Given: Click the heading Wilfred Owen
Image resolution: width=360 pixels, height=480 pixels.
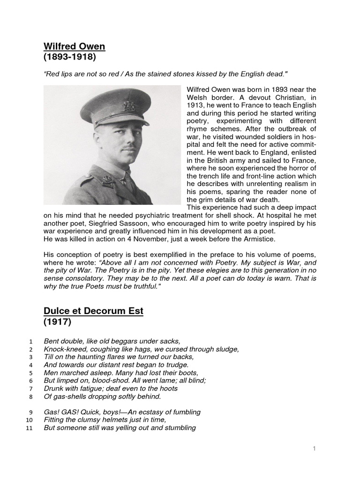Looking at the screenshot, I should (x=74, y=46).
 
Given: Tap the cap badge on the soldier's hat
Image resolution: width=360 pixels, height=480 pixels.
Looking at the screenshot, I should (x=130, y=106).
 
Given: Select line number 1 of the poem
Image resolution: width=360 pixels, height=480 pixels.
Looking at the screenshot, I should (x=30, y=341).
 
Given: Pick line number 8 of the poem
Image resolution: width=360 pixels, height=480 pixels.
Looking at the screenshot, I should (x=30, y=397).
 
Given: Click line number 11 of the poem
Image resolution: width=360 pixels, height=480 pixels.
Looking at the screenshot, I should (x=29, y=428).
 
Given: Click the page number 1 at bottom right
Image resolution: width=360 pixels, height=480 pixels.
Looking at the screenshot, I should (x=315, y=449).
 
